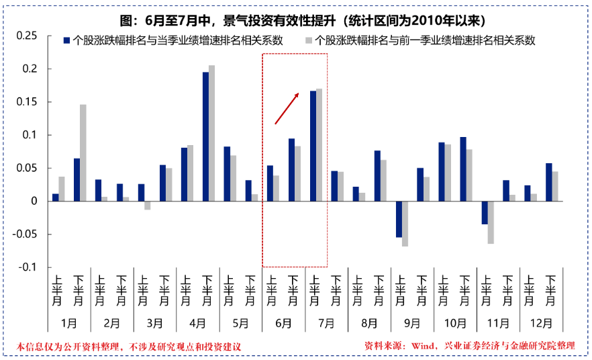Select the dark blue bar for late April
(x=205, y=136)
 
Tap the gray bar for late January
(x=83, y=152)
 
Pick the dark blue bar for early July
(x=313, y=146)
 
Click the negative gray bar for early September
(x=405, y=224)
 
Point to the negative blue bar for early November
(x=485, y=213)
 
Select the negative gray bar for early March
(x=148, y=206)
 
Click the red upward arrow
(x=287, y=109)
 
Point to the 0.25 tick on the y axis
(x=27, y=36)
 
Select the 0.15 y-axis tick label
(x=27, y=102)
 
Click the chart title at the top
(x=295, y=19)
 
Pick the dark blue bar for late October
(x=463, y=169)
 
